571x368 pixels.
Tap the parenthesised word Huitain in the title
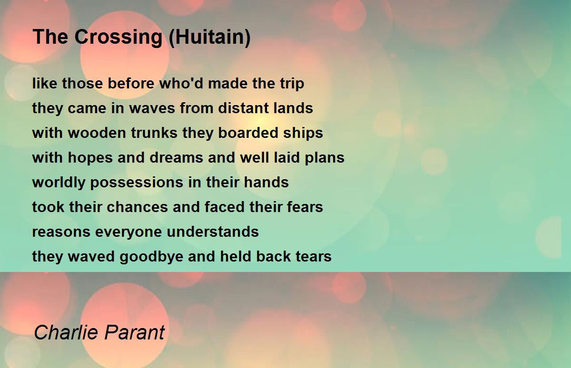coord(209,37)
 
